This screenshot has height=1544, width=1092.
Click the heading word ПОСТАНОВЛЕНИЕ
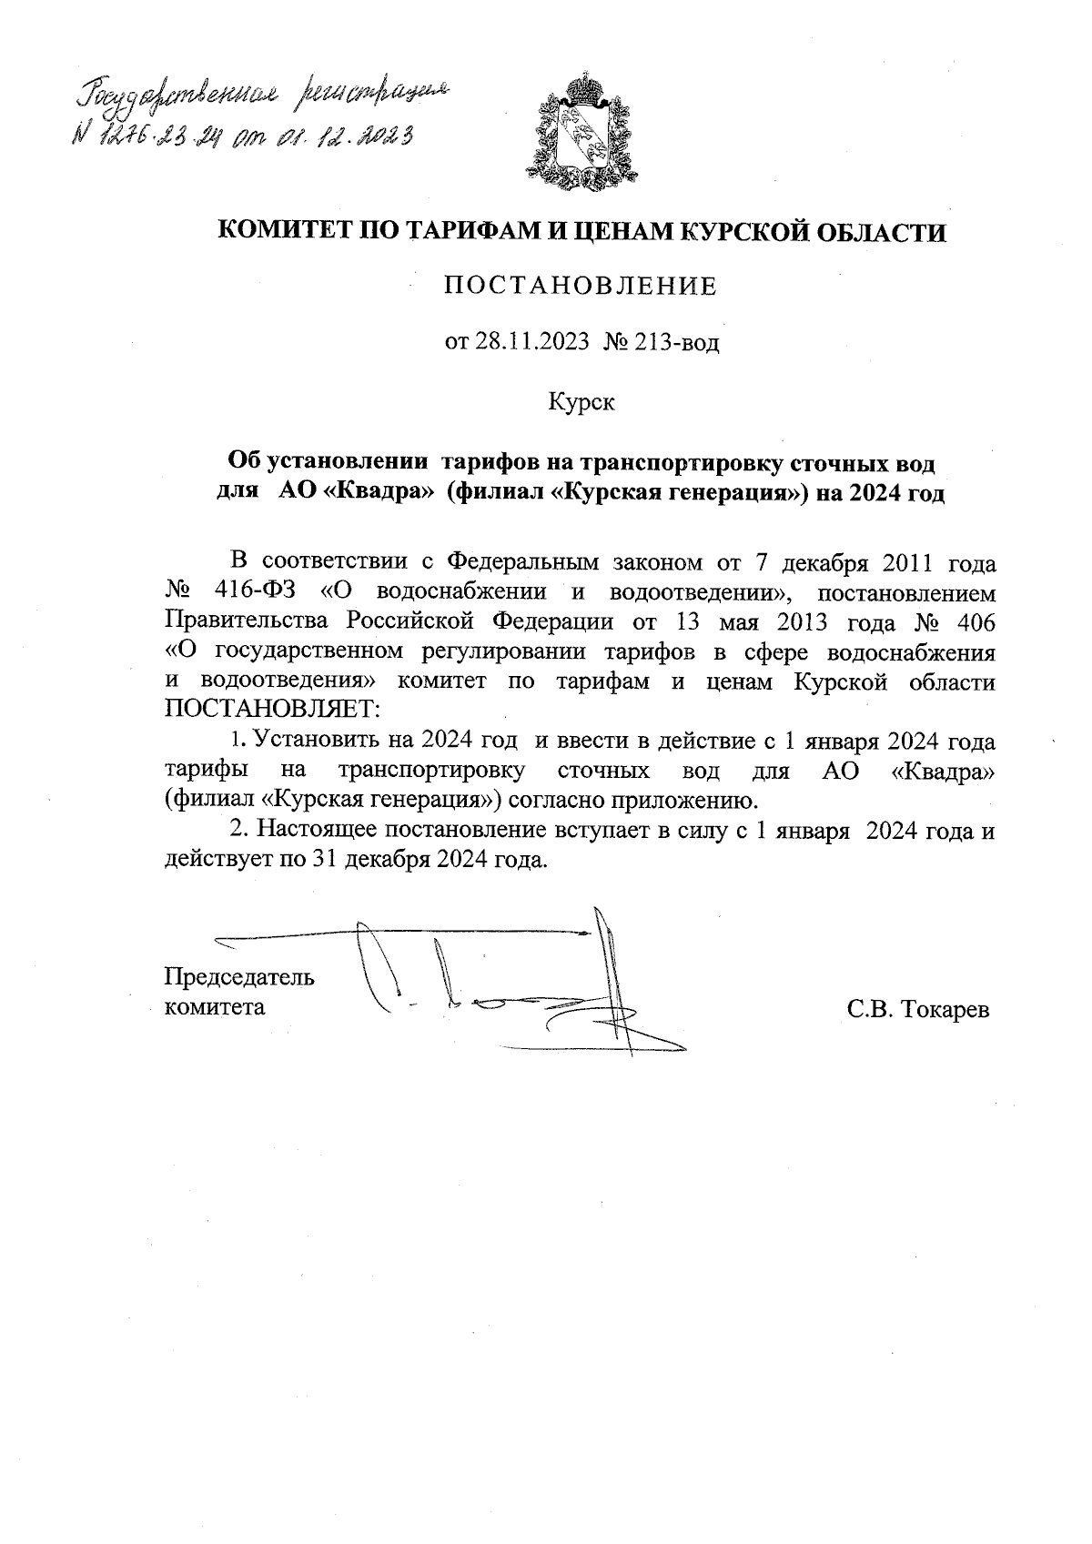pos(581,288)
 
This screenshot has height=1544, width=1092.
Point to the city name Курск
pos(581,401)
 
